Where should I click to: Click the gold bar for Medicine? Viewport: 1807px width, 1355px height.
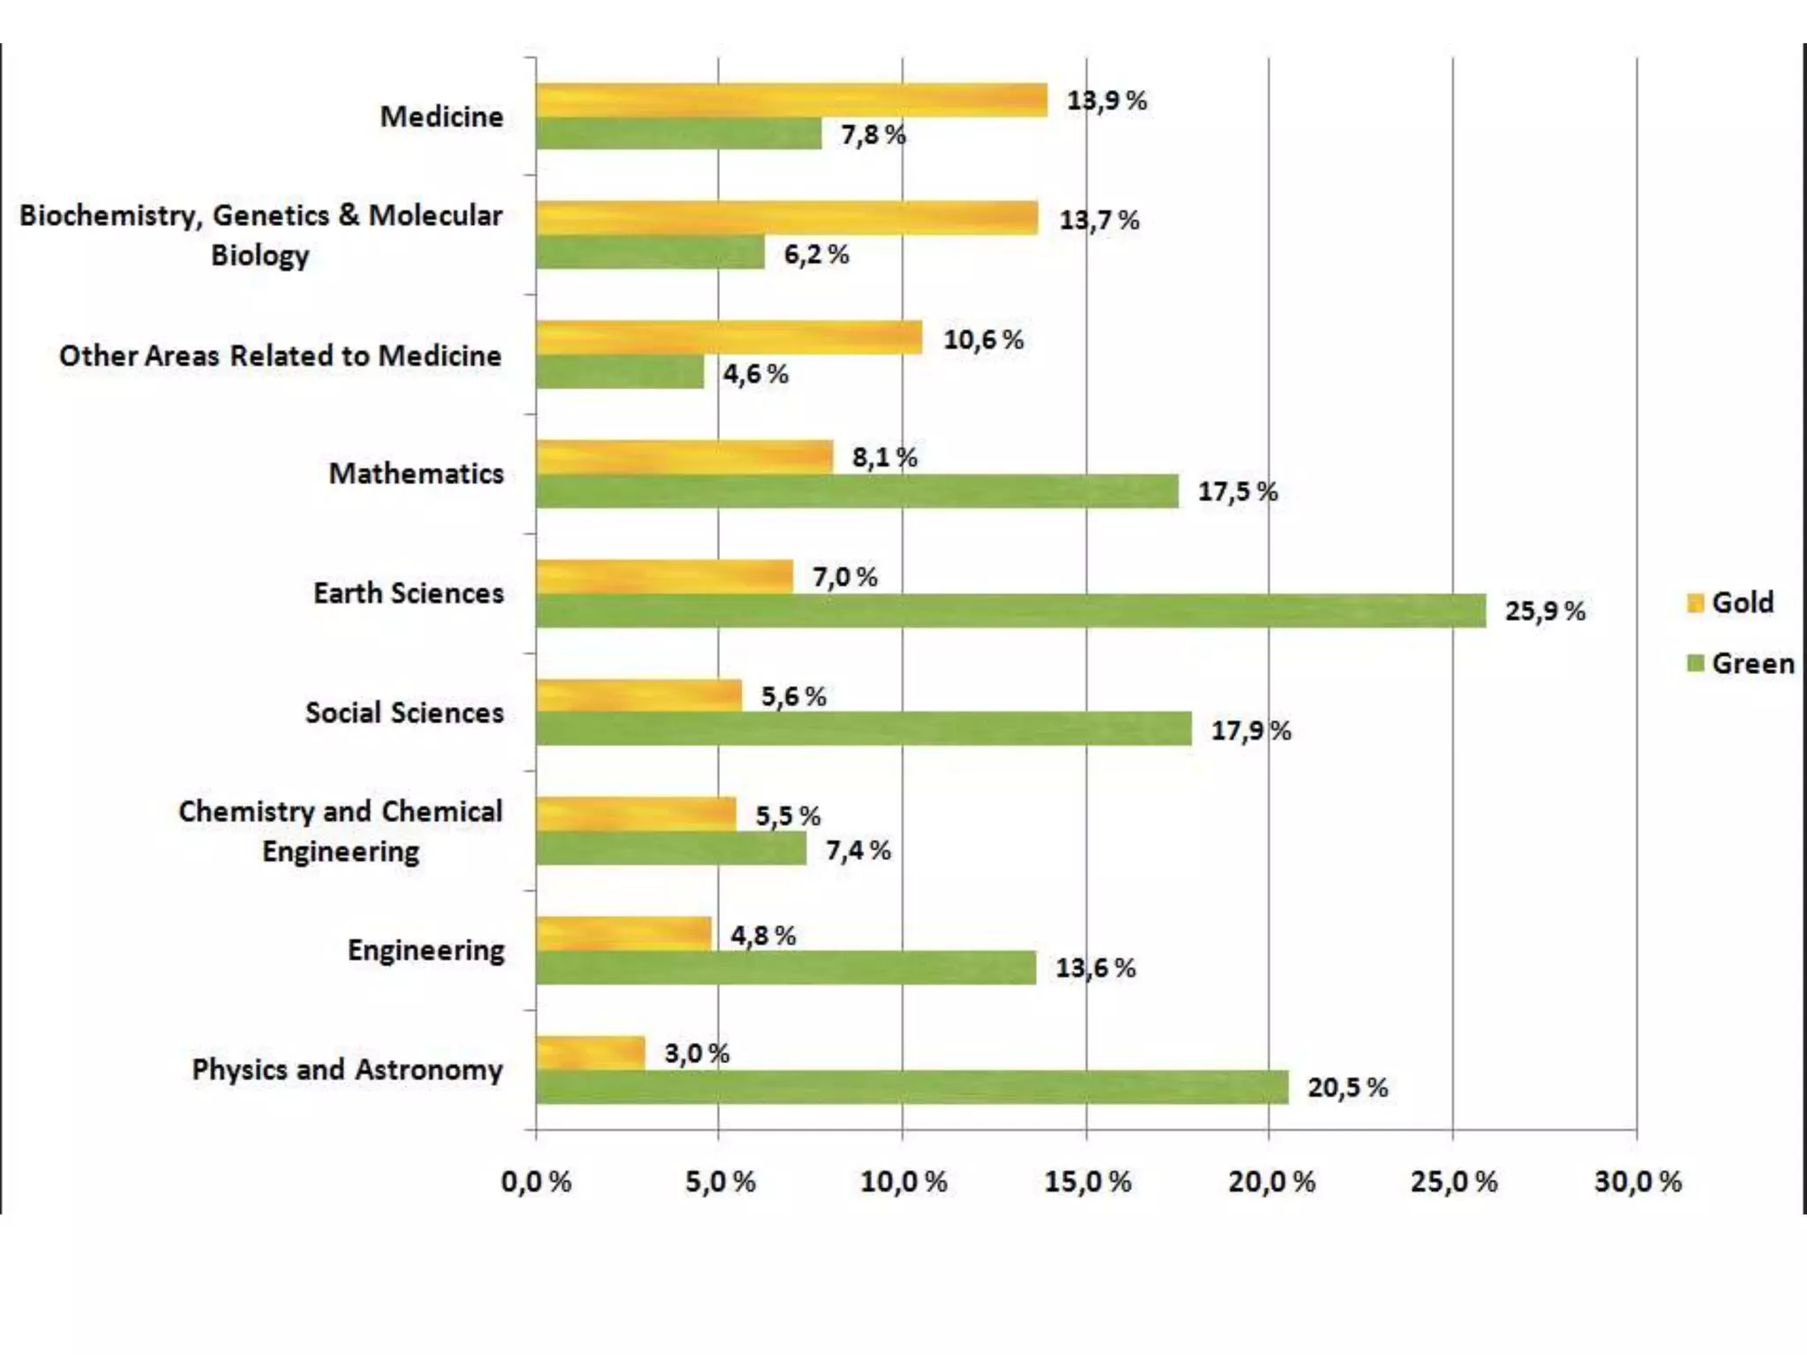coord(791,101)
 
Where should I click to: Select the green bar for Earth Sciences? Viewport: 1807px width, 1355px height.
coord(1010,611)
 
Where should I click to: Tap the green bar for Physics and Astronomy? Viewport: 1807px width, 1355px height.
coord(911,1088)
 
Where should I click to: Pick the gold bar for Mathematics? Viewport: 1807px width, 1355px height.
coord(684,457)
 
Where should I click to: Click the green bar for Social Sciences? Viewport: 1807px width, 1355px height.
coord(863,730)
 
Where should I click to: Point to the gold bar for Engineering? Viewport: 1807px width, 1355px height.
coord(623,933)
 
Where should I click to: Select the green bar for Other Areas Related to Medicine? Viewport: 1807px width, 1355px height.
coord(619,372)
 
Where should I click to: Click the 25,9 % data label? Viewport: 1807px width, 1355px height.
coord(1545,611)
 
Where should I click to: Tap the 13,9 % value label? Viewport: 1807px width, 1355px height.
coord(1106,101)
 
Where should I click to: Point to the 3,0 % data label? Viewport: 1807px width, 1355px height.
coord(696,1053)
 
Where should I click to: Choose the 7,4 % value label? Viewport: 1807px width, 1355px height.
coord(858,850)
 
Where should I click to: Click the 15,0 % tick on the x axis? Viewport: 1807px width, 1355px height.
coord(1087,1181)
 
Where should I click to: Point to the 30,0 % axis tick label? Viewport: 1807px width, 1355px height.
coord(1638,1181)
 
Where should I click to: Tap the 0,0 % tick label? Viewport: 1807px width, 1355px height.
coord(536,1181)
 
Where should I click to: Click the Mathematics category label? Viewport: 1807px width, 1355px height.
coord(416,474)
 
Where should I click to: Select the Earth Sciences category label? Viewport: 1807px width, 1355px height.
coord(409,593)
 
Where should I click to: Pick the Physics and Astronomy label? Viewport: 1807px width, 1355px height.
coord(347,1069)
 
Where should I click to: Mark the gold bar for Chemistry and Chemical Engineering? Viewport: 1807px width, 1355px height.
coord(635,813)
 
